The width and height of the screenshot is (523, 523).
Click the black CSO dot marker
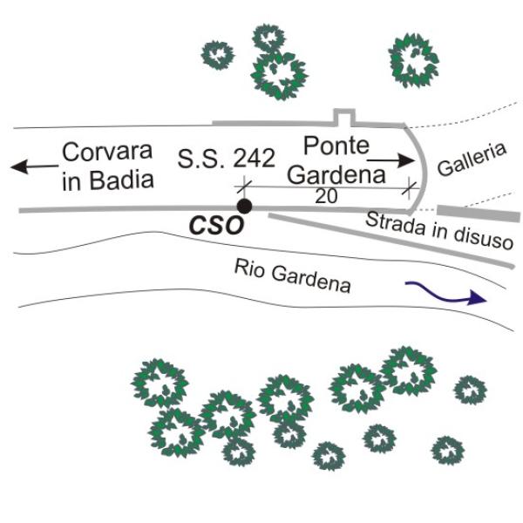coord(244,206)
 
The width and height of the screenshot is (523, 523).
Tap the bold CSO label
coord(216,226)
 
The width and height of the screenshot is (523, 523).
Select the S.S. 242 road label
coord(226,158)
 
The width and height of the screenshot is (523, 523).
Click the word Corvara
coord(107,152)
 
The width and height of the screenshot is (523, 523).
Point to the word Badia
coord(122,180)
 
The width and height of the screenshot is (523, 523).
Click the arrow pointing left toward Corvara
coord(34,166)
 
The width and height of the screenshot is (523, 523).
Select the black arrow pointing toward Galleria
coord(391,160)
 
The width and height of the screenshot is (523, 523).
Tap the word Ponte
coord(336,146)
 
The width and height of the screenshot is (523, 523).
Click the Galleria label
coord(472,160)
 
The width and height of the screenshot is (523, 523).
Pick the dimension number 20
coord(326,196)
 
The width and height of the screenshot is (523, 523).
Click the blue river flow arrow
coord(446,293)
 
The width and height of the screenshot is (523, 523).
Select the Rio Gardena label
coord(293,275)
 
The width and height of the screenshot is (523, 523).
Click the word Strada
coord(396,223)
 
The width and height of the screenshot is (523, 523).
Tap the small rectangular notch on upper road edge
coord(344,117)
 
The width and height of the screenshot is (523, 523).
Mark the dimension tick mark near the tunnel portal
coord(410,188)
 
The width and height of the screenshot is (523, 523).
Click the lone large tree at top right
coord(413,61)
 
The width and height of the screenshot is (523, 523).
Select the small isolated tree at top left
coord(218,55)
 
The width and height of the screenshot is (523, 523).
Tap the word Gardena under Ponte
coord(336,175)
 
